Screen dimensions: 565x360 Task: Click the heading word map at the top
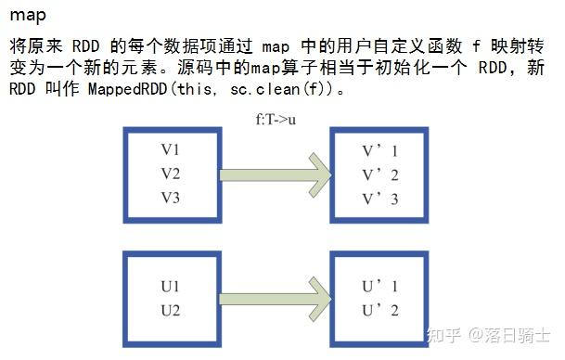(28, 15)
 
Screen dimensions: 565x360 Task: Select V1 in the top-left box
(171, 150)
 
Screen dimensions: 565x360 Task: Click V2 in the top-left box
(171, 174)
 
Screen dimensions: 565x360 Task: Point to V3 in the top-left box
(171, 198)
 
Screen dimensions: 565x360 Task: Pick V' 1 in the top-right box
(380, 150)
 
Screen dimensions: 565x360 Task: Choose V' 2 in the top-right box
(380, 174)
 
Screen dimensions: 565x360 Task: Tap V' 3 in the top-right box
(380, 198)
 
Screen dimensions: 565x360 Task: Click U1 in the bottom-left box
(171, 287)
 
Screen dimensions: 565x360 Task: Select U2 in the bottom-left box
(171, 310)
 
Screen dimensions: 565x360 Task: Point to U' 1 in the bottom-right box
(380, 287)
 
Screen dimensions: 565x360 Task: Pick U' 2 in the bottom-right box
(380, 310)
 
